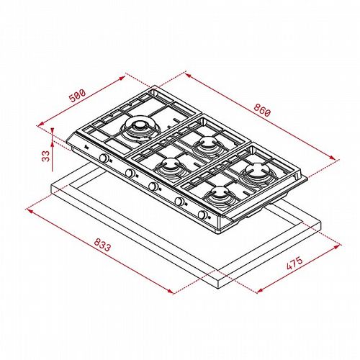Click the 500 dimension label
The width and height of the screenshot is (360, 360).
[77, 96]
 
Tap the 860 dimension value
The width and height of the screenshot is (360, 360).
[262, 110]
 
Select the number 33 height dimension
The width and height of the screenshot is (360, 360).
[45, 156]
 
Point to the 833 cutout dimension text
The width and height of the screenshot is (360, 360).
[102, 245]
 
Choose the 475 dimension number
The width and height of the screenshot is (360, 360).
[294, 264]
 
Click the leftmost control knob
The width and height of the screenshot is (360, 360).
[104, 158]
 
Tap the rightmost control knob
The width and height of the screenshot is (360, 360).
[203, 215]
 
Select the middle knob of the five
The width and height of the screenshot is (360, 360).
[153, 186]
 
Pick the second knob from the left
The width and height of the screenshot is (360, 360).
[130, 173]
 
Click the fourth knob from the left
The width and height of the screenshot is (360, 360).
[179, 201]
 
